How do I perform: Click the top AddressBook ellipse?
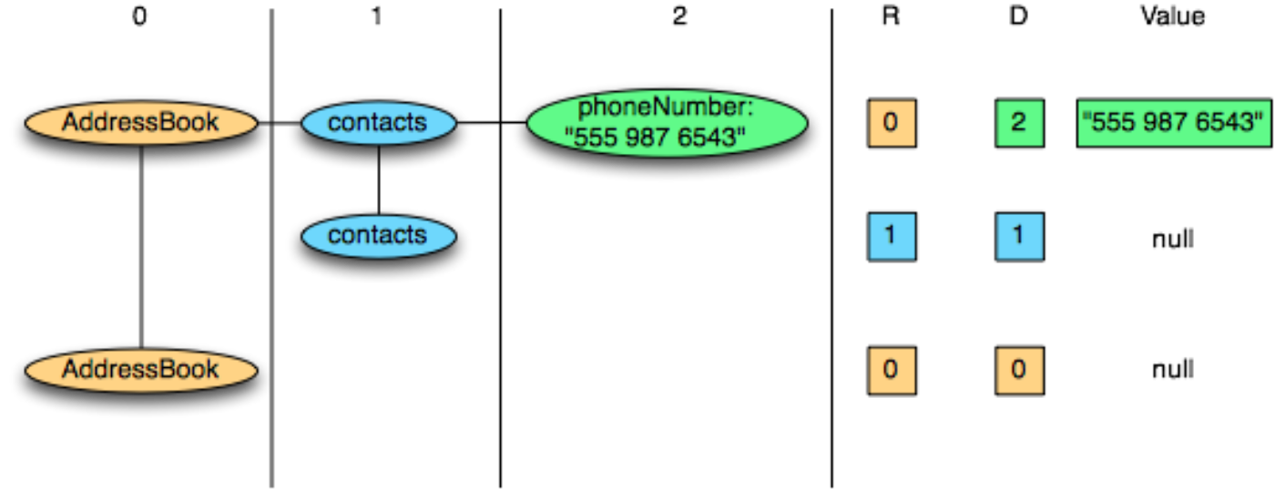(141, 122)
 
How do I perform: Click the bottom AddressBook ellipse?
(141, 370)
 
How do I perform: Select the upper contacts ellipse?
(379, 122)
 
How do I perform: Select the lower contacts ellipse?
(379, 236)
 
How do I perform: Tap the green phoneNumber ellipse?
(667, 122)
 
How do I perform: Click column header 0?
(139, 15)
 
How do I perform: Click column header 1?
(376, 15)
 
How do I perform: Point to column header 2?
(679, 15)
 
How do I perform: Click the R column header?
(891, 15)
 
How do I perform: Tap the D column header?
(1019, 15)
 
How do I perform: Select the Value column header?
(1173, 15)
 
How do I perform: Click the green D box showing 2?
(1019, 123)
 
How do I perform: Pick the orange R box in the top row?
(892, 123)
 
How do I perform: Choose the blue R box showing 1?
(892, 237)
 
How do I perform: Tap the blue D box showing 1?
(1019, 237)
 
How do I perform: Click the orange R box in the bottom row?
(892, 371)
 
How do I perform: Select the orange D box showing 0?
(1019, 371)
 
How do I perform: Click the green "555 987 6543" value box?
(1174, 123)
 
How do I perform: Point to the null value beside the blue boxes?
(1173, 239)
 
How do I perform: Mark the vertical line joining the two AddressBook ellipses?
(141, 247)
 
